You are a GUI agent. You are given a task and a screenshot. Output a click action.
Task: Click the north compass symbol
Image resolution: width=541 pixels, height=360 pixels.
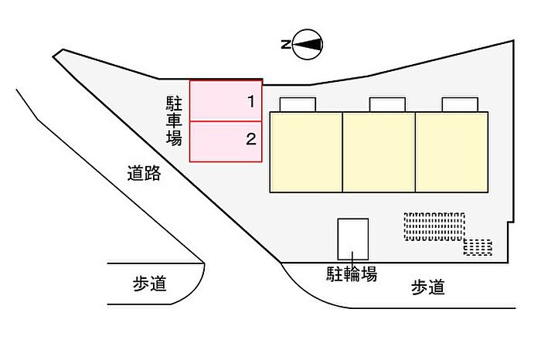point(308,44)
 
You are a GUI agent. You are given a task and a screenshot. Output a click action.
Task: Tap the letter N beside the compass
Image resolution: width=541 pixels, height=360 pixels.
point(286,45)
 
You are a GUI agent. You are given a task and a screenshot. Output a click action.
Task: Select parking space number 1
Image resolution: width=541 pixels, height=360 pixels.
point(226,100)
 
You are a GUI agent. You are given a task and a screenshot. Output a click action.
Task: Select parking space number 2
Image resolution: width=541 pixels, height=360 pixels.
point(226,141)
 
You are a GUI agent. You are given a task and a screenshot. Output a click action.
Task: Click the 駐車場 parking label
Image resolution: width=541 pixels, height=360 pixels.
point(174,121)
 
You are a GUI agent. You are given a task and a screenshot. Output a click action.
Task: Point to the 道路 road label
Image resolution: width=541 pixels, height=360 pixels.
point(144,173)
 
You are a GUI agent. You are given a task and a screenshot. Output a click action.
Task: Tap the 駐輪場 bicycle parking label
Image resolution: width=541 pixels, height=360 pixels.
point(352,274)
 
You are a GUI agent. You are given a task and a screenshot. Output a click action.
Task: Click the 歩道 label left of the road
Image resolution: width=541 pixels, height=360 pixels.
point(150,284)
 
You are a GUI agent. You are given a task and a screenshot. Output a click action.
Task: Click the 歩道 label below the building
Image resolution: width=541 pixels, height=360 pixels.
point(428,287)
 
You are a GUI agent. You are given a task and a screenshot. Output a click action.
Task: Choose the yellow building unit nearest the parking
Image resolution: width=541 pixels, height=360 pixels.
point(306,152)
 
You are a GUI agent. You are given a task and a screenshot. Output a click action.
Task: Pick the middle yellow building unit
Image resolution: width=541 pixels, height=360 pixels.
point(379,152)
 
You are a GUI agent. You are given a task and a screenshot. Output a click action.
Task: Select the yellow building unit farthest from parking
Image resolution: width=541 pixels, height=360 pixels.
point(451,152)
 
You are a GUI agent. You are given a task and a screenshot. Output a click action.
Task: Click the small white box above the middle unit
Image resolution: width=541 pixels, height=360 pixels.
point(387,104)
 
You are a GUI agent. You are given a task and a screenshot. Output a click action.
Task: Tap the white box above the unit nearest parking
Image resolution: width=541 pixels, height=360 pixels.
point(298,104)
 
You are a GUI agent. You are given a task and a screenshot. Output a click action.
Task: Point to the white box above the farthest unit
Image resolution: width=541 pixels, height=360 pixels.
point(460,104)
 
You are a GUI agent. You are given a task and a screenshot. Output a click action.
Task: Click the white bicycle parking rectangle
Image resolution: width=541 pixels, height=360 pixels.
point(353,239)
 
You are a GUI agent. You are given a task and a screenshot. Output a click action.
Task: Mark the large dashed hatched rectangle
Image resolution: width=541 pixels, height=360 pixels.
point(434,226)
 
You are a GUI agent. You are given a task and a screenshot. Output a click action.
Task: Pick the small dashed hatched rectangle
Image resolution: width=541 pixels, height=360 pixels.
point(478,247)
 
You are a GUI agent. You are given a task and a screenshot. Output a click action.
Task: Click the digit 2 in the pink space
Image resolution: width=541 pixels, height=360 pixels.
point(251,139)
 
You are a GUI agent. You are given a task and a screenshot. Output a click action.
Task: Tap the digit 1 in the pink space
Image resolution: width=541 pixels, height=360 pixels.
point(251,101)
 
